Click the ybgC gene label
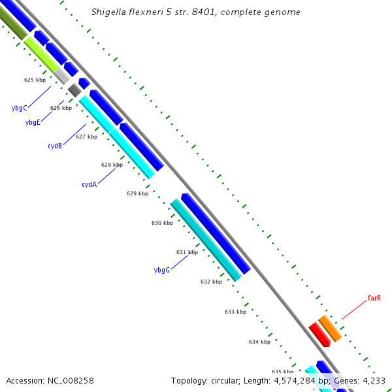[x=19, y=108]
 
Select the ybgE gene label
[x=33, y=122]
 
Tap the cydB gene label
[x=55, y=146]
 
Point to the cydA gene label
[x=89, y=184]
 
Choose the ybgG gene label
[x=161, y=270]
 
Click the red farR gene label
[x=374, y=298]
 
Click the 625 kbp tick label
[x=35, y=80]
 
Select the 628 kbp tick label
[x=112, y=165]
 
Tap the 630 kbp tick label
[x=162, y=223]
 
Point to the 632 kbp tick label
[x=211, y=282]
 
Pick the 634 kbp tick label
[x=259, y=342]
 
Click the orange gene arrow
[x=330, y=328]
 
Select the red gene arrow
[x=319, y=334]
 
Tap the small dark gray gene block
[x=74, y=91]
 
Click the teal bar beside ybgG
[x=205, y=240]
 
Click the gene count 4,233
[x=373, y=380]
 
